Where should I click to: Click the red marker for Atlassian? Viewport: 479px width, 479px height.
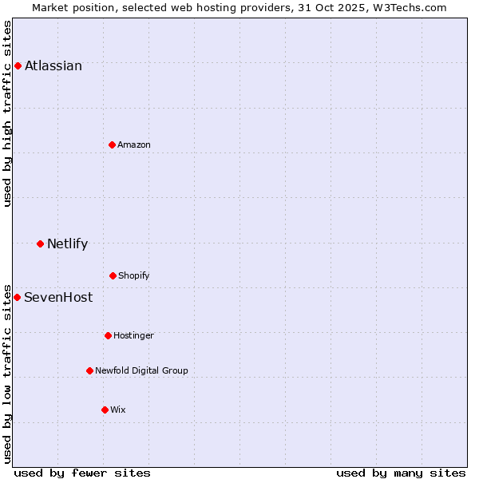click(x=18, y=65)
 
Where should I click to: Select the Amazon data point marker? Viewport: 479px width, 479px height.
click(x=112, y=144)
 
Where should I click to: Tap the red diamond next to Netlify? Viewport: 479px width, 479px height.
click(x=40, y=243)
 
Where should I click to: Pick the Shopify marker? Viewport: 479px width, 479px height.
click(x=113, y=275)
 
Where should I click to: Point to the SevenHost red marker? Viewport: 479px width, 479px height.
click(x=17, y=297)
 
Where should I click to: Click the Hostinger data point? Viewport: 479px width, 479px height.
click(x=108, y=335)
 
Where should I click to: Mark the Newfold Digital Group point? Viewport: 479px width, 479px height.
click(x=89, y=370)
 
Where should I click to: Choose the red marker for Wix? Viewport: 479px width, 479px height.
click(x=105, y=410)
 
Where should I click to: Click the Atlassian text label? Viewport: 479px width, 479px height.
click(x=53, y=65)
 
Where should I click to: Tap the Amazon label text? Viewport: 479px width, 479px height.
click(x=134, y=144)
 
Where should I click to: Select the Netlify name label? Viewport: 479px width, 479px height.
click(x=67, y=243)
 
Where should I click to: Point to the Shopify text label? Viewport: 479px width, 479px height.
click(x=134, y=275)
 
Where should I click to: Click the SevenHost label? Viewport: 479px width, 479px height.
click(x=58, y=297)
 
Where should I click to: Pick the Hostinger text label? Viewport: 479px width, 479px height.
click(x=133, y=335)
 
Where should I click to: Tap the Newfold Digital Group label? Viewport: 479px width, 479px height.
click(x=141, y=370)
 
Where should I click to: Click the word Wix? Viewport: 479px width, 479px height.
click(x=118, y=410)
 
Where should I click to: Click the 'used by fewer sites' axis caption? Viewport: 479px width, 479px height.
click(x=82, y=473)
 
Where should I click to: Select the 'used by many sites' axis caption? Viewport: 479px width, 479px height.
click(x=401, y=473)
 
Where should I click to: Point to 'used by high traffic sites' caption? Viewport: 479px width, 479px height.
click(x=8, y=113)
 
